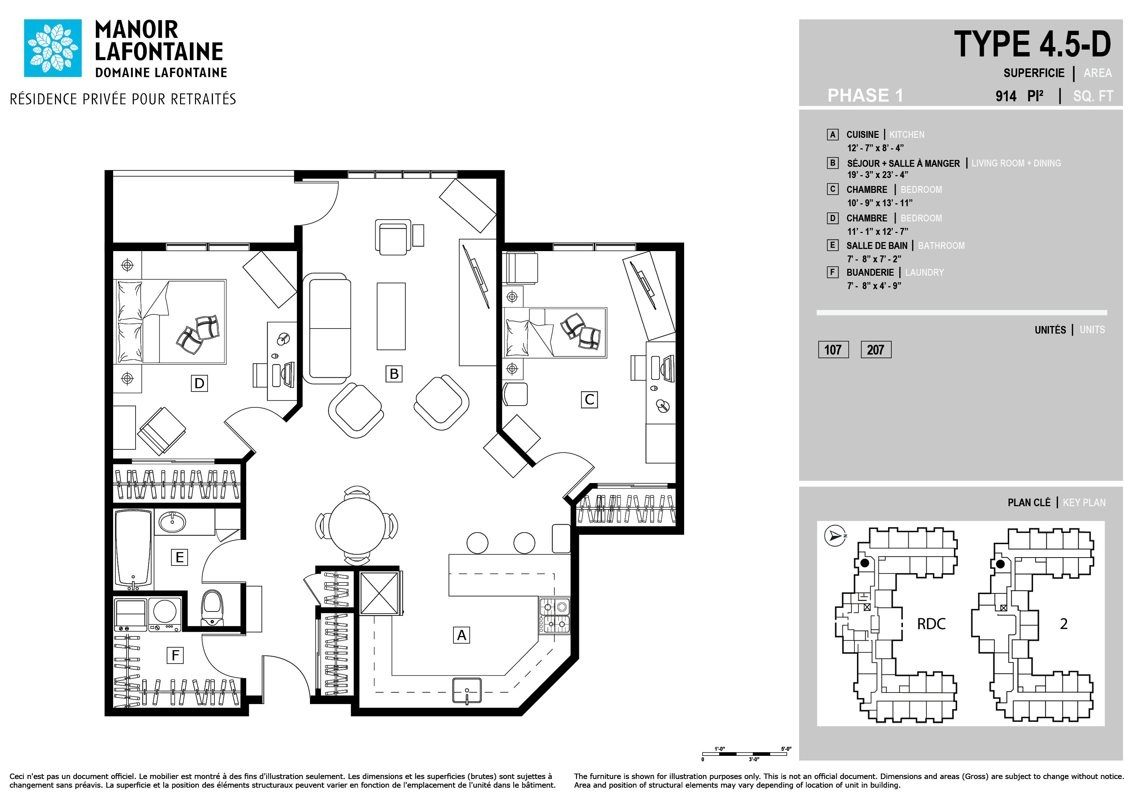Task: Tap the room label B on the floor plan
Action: tap(394, 374)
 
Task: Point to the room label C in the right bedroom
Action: tap(589, 399)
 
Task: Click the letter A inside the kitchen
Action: tap(462, 635)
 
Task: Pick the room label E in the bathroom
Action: tap(180, 557)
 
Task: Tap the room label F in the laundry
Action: tap(175, 656)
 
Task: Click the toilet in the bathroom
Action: tap(212, 608)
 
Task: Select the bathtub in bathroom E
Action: tap(133, 549)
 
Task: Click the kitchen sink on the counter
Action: tap(467, 690)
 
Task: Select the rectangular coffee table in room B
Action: tap(391, 317)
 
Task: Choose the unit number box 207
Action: tap(875, 350)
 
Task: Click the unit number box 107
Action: tap(833, 350)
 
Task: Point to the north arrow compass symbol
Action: tap(835, 536)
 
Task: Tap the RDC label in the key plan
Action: tap(931, 624)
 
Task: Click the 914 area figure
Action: tap(1006, 96)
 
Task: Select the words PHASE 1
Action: tap(865, 95)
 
